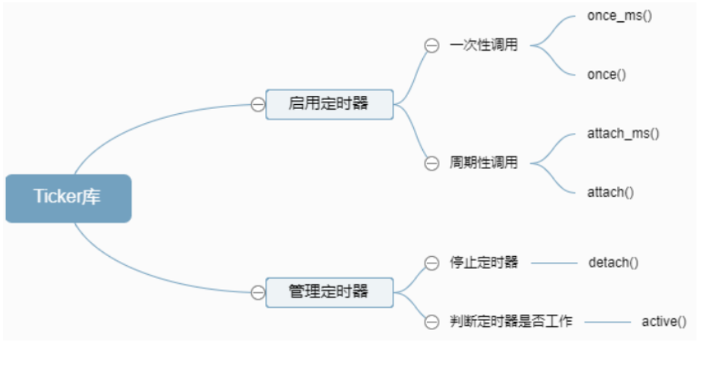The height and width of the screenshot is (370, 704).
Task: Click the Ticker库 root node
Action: (x=68, y=198)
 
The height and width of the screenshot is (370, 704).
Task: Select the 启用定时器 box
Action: (x=329, y=104)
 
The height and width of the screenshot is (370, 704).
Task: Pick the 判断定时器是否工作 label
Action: (x=511, y=322)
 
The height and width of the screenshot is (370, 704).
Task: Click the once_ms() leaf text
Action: (x=619, y=16)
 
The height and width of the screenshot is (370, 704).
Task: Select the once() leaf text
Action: (x=607, y=74)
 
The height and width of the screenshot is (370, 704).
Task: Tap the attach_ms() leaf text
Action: (x=623, y=133)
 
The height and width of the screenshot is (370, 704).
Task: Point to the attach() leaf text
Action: (x=610, y=192)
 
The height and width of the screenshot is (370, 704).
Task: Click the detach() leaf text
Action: (x=613, y=263)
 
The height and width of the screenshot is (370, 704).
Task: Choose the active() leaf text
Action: (x=664, y=322)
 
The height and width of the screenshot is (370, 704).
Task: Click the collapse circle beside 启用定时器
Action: (x=258, y=104)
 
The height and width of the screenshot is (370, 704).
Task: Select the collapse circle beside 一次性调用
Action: (x=431, y=45)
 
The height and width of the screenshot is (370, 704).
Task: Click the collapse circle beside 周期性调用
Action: (x=431, y=162)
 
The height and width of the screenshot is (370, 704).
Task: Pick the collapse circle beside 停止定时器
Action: (x=431, y=263)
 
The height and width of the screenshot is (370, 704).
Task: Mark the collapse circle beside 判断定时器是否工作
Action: (x=431, y=322)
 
